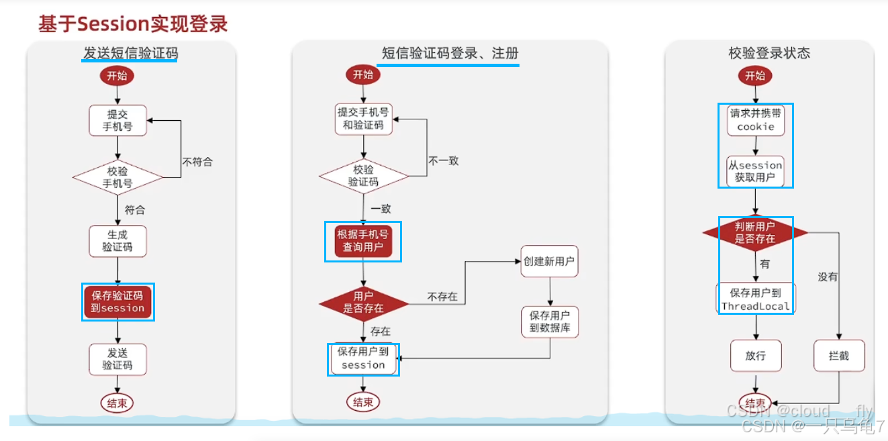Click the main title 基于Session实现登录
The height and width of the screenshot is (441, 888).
coord(133,24)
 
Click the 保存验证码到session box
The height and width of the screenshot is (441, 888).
coord(117,302)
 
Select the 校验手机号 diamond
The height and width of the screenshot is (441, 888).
coord(117,177)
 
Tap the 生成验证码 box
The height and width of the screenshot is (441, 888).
coord(117,241)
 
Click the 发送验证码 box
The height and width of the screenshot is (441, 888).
coord(117,359)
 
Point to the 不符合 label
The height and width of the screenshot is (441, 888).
coord(197,162)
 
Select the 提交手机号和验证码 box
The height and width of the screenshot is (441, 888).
coord(363,119)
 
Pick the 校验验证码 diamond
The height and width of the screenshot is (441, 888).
coord(363,176)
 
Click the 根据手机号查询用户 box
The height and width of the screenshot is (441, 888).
coord(362,242)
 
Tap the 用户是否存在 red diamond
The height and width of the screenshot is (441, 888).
coord(363,302)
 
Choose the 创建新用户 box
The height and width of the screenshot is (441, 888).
coord(549,262)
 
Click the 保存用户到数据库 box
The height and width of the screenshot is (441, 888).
coord(550,322)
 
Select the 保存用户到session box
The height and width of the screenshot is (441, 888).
coord(363,359)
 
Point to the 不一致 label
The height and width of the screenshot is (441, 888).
coord(444,161)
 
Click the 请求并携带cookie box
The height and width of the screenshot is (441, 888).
coord(756,120)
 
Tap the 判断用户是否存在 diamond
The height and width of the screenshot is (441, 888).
coord(755,233)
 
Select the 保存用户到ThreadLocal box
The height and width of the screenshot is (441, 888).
coord(755,299)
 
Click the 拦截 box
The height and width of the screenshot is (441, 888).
coord(839,356)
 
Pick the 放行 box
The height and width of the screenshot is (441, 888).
coord(755,356)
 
